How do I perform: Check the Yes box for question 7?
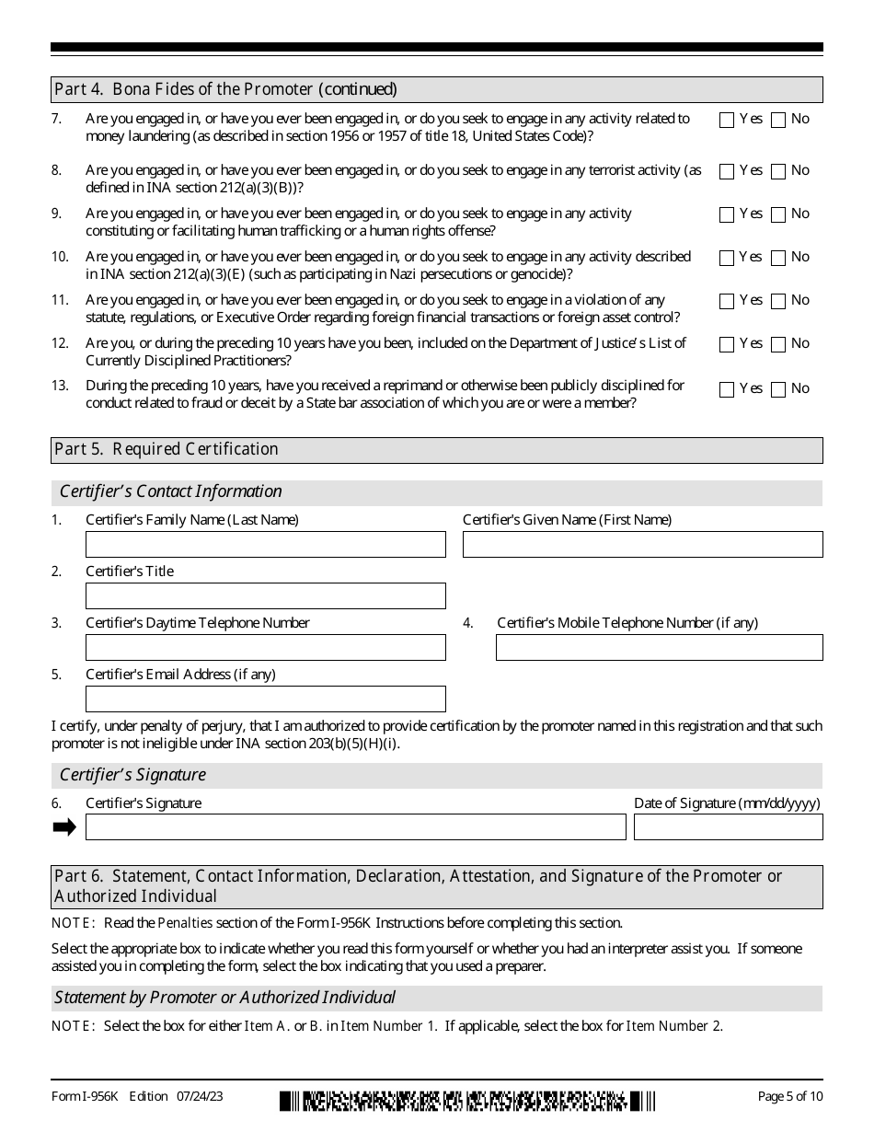pyautogui.click(x=727, y=120)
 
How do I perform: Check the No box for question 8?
pyautogui.click(x=778, y=171)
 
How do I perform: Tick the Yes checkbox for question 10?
pyautogui.click(x=727, y=258)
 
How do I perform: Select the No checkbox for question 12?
pyautogui.click(x=778, y=344)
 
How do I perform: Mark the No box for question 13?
pyautogui.click(x=778, y=389)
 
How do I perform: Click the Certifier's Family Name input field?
pyautogui.click(x=265, y=545)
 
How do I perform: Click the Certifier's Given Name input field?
pyautogui.click(x=642, y=545)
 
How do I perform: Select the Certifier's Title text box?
pyautogui.click(x=265, y=596)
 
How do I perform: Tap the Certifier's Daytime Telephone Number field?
pyautogui.click(x=265, y=648)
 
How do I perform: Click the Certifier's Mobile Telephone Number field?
pyautogui.click(x=659, y=648)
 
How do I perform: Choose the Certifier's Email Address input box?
pyautogui.click(x=265, y=699)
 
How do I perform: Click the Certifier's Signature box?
pyautogui.click(x=355, y=827)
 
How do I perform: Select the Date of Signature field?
pyautogui.click(x=728, y=827)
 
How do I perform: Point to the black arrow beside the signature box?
pyautogui.click(x=64, y=827)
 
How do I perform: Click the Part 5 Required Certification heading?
pyautogui.click(x=167, y=449)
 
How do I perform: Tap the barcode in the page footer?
pyautogui.click(x=467, y=1100)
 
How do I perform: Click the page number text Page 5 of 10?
pyautogui.click(x=790, y=1096)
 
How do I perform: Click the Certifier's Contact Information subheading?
pyautogui.click(x=171, y=491)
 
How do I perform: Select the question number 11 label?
pyautogui.click(x=60, y=300)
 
